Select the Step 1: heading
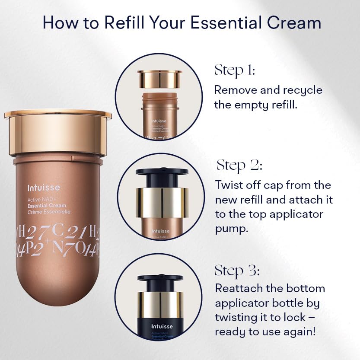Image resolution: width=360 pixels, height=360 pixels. point(235,70)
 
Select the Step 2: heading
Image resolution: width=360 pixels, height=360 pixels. point(239,165)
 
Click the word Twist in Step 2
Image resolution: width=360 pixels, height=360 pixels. point(229,185)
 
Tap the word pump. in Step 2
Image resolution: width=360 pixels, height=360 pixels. point(232,229)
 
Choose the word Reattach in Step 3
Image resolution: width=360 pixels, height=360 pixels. point(240,288)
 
